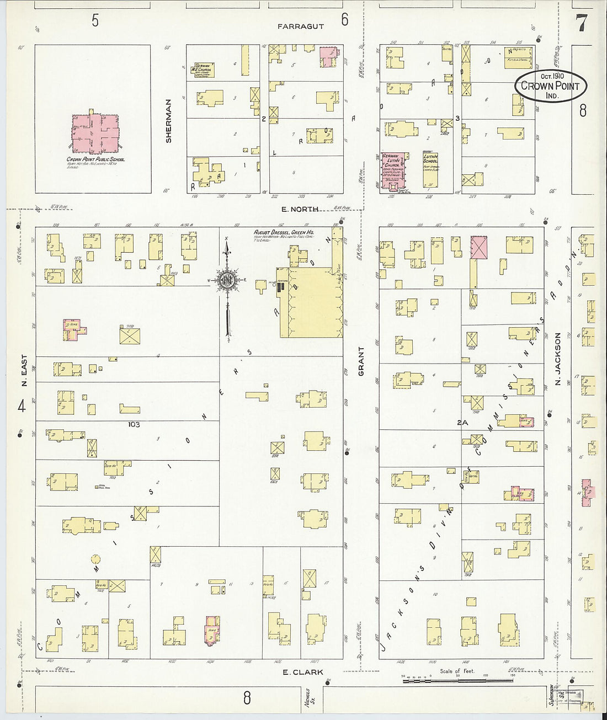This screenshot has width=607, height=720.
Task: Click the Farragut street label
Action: coord(300,26)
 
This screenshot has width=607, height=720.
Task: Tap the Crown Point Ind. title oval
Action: coord(551,86)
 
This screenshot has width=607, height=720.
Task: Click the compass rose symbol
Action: coord(226,280)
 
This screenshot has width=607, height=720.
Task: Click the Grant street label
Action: coord(362,361)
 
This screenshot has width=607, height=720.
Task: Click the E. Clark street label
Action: coord(302,673)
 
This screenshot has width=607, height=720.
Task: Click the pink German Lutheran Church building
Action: coord(393,170)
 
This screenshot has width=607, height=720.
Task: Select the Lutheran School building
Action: coord(430,169)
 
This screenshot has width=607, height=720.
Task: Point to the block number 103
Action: coord(134,424)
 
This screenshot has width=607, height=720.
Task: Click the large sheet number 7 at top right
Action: coord(581,23)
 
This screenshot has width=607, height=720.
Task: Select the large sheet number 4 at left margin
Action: coord(22,407)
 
